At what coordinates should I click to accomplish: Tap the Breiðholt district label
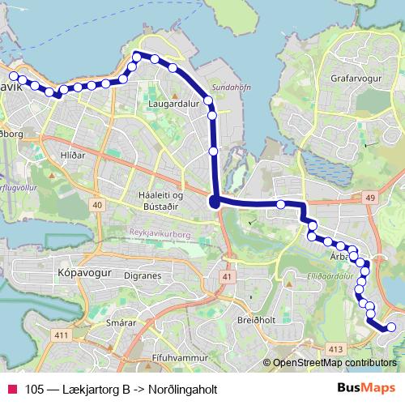[258, 319]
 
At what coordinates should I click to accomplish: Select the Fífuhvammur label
[181, 356]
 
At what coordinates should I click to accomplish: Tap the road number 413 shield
[334, 349]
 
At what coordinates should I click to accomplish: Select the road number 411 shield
[60, 335]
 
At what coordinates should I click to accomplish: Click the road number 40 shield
[97, 206]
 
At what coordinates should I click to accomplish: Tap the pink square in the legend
[13, 389]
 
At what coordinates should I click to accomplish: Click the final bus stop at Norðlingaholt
[390, 327]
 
